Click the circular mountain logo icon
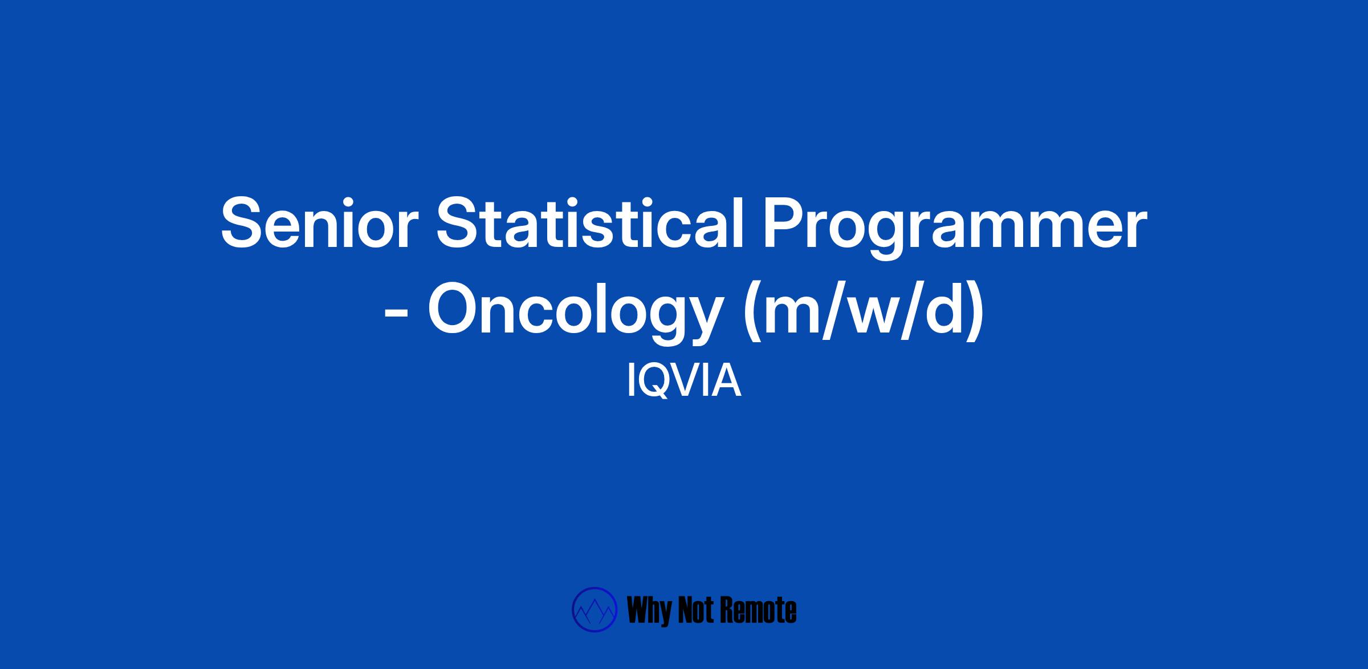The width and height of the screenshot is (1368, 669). [595, 610]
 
